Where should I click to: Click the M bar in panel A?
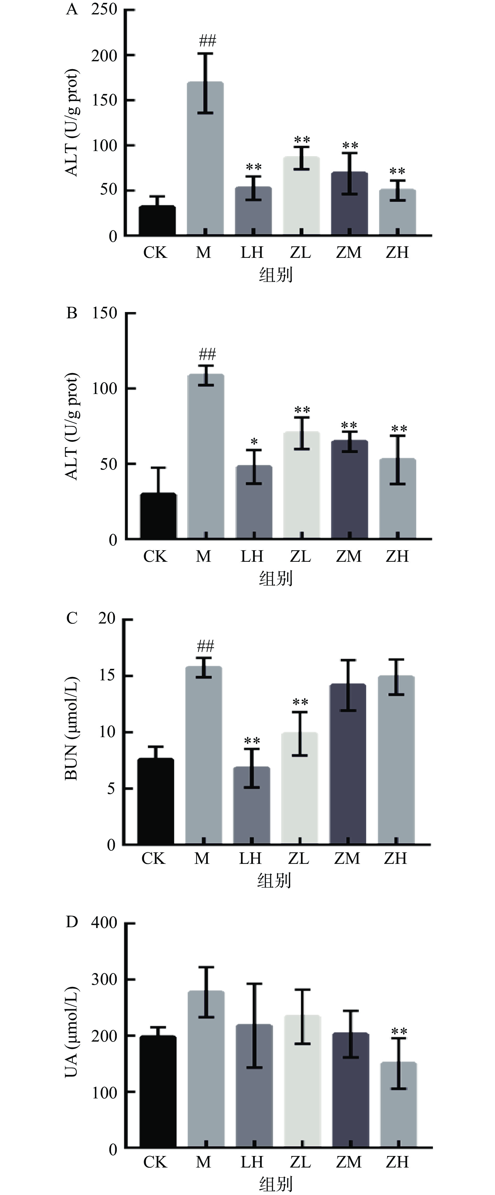click(205, 158)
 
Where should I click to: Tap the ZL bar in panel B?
click(301, 485)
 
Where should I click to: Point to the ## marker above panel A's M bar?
click(207, 41)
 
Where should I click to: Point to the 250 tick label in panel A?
click(104, 9)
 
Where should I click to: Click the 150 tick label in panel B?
click(104, 313)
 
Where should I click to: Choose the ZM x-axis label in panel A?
click(348, 252)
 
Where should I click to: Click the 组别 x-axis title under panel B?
click(276, 579)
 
